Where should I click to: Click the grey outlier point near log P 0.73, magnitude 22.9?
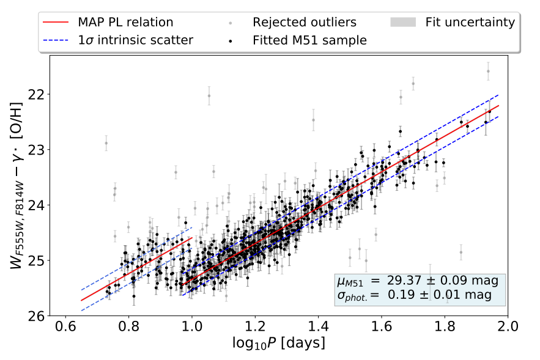[106, 143]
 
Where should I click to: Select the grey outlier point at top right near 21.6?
[488, 71]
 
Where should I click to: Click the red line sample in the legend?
[56, 23]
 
